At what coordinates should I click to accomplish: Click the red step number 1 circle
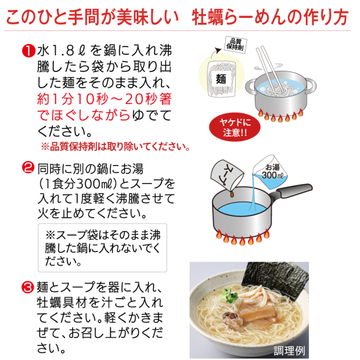28,51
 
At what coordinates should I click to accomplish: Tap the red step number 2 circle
28,167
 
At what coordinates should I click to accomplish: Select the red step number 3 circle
28,287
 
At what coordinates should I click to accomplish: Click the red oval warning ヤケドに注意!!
235,127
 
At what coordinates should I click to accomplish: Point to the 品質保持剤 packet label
235,44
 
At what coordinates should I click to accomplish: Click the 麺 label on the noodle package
220,79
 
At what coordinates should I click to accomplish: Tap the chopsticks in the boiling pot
269,69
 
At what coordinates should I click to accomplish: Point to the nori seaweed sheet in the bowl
276,279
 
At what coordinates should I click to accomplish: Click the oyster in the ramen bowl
232,319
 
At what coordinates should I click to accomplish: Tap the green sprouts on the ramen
229,295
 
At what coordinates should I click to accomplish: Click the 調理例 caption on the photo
290,350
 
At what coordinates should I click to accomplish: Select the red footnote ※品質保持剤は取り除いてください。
115,147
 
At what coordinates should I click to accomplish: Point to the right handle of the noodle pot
310,86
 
